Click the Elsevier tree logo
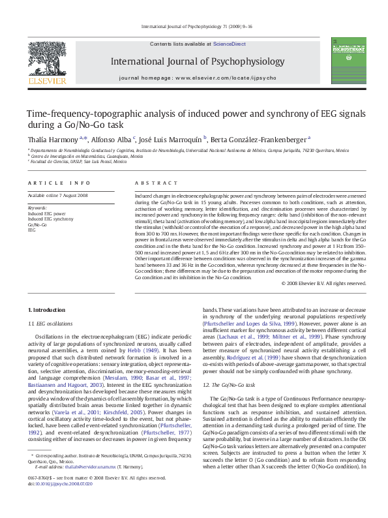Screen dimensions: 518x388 (x=46, y=61)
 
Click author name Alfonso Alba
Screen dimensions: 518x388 (x=110, y=138)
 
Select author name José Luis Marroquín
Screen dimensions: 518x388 (x=172, y=138)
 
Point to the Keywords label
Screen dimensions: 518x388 (x=38, y=207)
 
